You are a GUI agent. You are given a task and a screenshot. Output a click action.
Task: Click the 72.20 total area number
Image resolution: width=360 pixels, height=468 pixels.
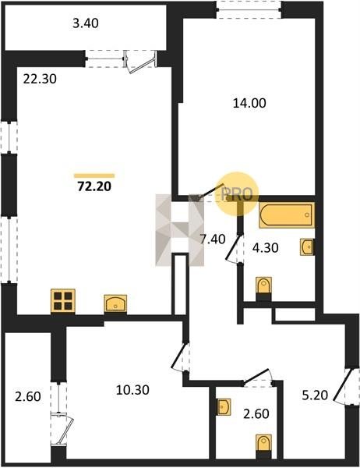point(94,186)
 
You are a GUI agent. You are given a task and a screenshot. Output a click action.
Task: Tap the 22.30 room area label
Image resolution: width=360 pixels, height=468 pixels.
point(40,79)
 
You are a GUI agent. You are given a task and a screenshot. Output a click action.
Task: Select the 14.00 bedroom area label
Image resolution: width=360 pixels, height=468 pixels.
point(249,103)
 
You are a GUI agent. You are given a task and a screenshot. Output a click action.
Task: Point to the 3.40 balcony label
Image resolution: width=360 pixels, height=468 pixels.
point(85,23)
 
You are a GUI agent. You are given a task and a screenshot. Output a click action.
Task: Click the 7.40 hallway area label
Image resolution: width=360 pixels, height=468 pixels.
point(213,239)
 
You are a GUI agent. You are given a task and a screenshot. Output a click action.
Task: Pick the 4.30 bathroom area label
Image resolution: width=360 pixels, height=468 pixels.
point(266,248)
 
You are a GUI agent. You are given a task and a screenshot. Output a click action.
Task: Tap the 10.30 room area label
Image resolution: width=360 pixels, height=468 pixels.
point(132,390)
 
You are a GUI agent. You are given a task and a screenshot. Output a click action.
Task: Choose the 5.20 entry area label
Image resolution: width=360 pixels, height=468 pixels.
point(315,395)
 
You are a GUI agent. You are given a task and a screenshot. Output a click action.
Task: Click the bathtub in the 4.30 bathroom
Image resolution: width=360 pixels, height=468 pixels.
point(287,215)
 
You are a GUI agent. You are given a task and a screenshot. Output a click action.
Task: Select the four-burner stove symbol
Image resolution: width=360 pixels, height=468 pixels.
point(63,301)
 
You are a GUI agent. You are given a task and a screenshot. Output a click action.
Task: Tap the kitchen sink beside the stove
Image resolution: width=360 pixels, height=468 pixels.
point(115,303)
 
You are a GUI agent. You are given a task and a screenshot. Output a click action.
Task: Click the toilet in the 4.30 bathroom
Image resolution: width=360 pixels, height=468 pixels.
point(263,286)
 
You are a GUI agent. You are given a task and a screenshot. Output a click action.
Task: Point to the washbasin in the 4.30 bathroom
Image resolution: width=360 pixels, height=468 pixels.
point(306,247)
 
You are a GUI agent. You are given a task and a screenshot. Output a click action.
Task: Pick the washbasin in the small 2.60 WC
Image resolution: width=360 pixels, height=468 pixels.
point(224,407)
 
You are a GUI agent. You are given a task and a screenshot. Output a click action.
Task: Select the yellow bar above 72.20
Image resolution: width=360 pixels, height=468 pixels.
point(94,175)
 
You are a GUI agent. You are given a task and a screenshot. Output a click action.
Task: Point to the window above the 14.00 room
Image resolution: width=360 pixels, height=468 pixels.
point(249,9)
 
